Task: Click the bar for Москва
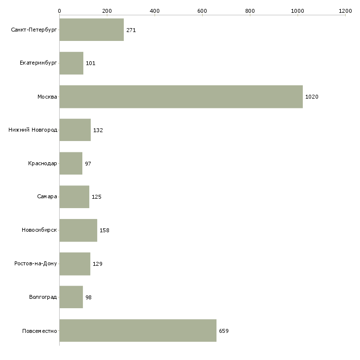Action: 181,97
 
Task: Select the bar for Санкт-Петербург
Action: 92,30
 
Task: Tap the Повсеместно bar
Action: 138,330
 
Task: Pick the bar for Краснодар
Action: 71,163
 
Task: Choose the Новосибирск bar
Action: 78,230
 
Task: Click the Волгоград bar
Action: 71,297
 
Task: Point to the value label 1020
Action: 312,97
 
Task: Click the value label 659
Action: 224,331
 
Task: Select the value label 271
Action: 131,30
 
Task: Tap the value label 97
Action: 88,164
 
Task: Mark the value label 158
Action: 105,230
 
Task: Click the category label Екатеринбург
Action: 38,63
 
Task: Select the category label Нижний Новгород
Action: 33,130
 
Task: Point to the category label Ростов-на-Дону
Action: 36,263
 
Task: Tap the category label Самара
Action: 47,197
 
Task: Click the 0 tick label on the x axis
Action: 60,11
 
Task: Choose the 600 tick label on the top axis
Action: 202,11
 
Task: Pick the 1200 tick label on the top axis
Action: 345,11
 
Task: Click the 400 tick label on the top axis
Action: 154,11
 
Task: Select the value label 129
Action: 98,264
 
